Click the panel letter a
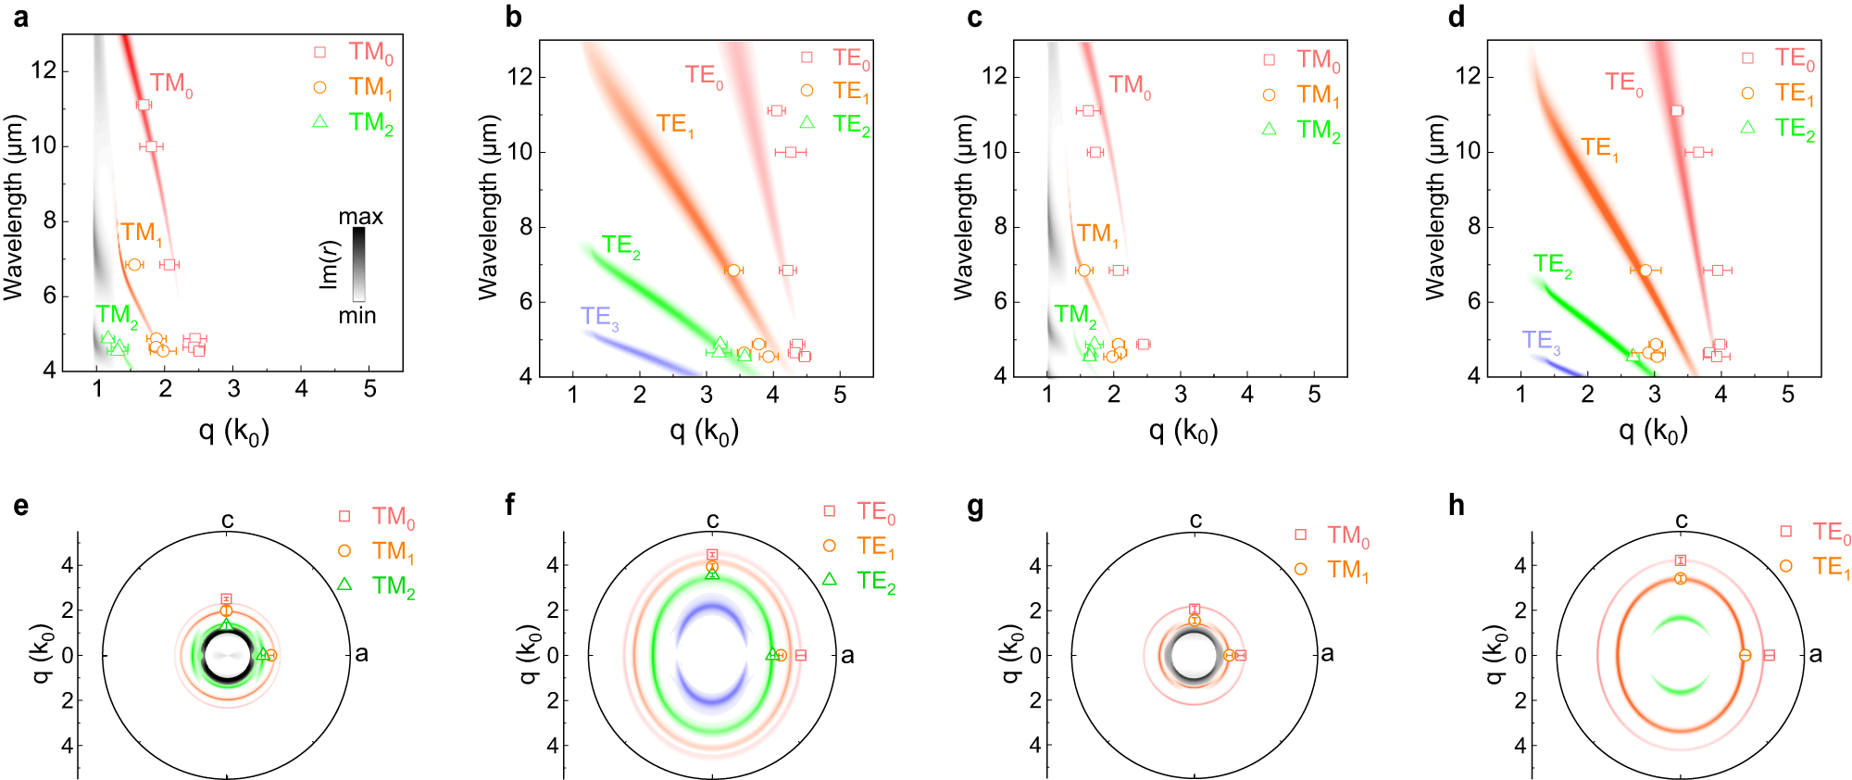[21, 17]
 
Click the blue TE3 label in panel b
[599, 318]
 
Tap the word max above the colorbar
[360, 217]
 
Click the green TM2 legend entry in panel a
[370, 123]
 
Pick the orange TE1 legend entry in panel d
[1794, 94]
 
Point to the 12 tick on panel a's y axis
[44, 70]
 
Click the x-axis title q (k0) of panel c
[1183, 431]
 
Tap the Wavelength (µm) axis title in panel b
[488, 208]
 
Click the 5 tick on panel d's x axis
[1787, 395]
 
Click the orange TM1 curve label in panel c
[1097, 234]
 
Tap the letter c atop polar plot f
[712, 521]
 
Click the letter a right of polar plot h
[1815, 655]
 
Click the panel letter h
[1456, 505]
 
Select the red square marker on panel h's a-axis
[1769, 655]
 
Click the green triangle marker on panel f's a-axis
[771, 654]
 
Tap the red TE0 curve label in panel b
[704, 76]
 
